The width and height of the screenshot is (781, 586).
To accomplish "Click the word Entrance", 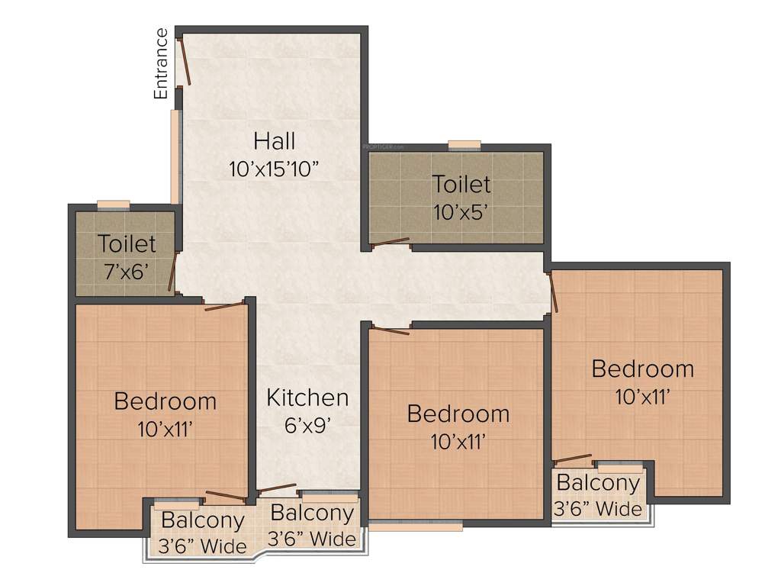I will (x=161, y=63).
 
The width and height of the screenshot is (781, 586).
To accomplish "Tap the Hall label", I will (x=275, y=141).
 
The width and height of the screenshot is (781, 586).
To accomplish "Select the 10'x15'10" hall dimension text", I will (x=274, y=169).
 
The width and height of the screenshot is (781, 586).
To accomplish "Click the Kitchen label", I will (x=307, y=398).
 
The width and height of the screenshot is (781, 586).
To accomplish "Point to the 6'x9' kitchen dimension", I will (x=307, y=424).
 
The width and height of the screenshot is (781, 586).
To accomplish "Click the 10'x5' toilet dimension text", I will (x=461, y=212).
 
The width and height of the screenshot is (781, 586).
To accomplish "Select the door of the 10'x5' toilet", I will (x=390, y=243).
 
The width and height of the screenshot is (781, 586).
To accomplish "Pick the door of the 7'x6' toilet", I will (x=173, y=272).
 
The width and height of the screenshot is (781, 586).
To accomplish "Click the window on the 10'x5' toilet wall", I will (x=464, y=145).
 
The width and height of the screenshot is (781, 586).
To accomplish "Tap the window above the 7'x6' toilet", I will (x=114, y=204).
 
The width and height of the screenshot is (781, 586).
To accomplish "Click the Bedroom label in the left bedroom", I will (x=166, y=401).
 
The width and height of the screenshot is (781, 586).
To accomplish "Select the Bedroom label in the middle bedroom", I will (x=458, y=414).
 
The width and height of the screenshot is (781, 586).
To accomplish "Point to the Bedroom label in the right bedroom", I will (x=642, y=369).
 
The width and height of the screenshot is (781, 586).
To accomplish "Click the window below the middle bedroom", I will (x=416, y=525).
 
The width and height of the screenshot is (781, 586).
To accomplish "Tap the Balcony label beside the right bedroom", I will (x=598, y=483).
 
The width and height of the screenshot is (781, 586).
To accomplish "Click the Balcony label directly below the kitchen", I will (x=312, y=513).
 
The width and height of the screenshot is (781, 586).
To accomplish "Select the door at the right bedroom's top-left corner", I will (x=554, y=291).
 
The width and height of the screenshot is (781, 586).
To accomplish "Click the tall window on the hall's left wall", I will (x=175, y=156).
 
